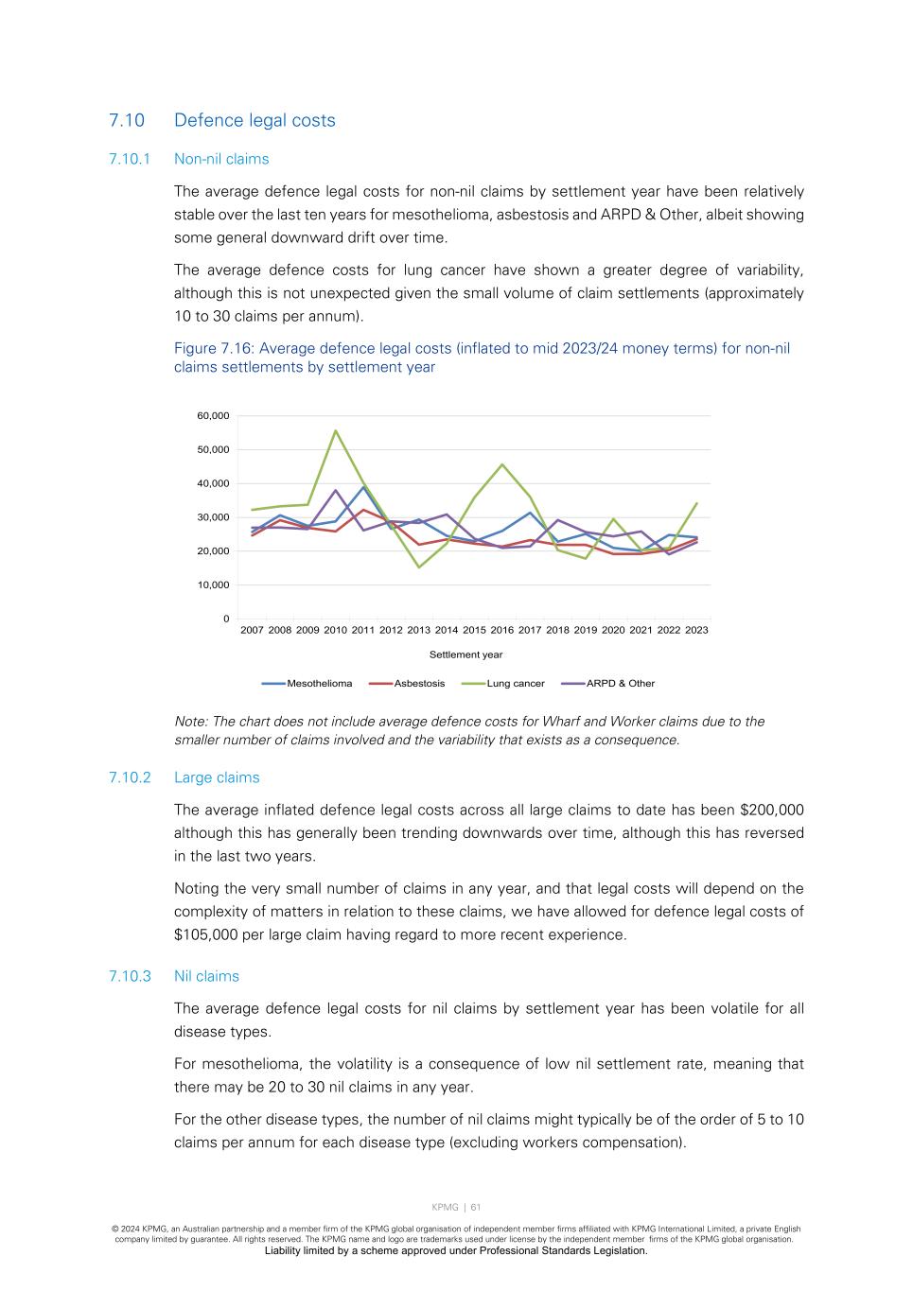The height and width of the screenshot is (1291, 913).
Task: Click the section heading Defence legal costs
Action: point(255,120)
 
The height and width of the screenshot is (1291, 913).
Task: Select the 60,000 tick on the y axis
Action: point(213,416)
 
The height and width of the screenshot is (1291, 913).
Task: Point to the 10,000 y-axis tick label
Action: point(213,585)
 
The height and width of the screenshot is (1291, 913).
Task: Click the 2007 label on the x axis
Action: point(252,630)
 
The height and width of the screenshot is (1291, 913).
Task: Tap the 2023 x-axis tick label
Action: point(696,630)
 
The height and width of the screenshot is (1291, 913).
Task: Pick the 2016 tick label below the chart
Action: point(501,630)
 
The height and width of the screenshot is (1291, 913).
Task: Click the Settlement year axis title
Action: point(465,654)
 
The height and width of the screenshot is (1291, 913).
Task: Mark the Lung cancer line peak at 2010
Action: point(335,431)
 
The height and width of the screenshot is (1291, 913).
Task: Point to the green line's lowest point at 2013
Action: point(418,567)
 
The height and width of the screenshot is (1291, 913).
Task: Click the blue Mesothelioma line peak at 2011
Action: point(363,487)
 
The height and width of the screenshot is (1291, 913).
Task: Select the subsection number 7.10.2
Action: point(130,777)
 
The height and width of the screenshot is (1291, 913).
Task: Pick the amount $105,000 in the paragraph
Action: point(211,935)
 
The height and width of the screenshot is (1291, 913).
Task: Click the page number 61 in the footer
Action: point(476,1207)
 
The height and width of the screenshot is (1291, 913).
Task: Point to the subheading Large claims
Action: point(217,777)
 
